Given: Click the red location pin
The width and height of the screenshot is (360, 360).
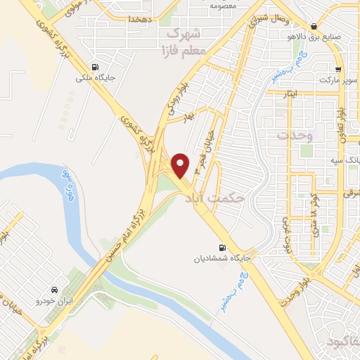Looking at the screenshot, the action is coord(180,165).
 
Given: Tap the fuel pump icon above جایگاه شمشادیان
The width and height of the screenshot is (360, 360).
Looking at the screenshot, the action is coord(224,247).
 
